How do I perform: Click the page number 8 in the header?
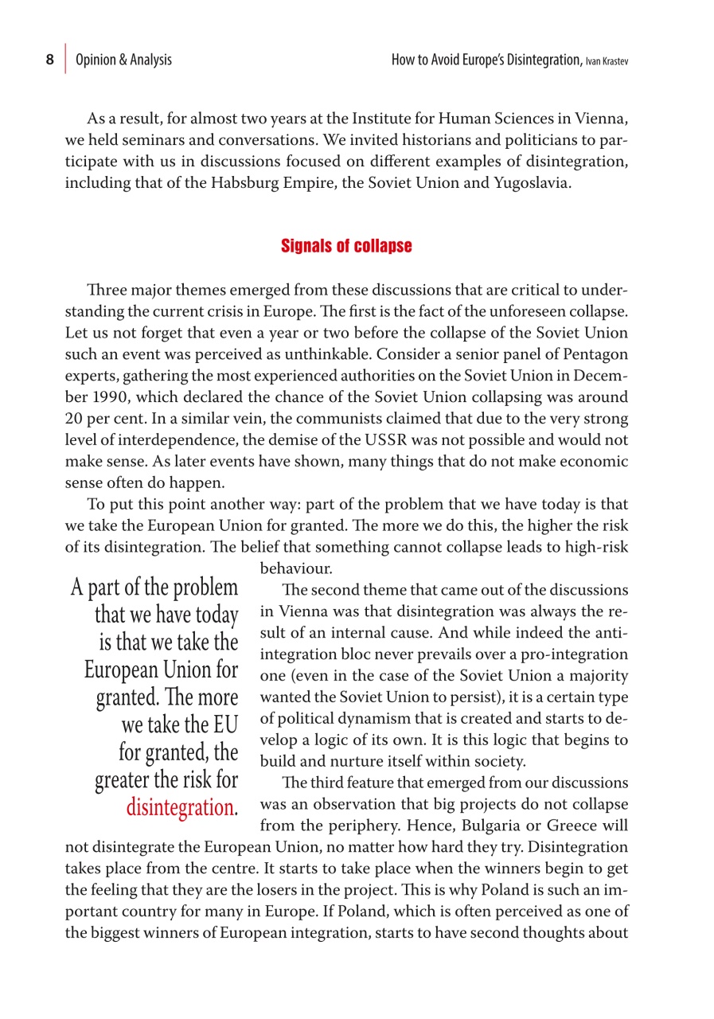(x=49, y=60)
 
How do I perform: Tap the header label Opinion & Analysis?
(x=123, y=60)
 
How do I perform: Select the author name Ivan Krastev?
(x=607, y=61)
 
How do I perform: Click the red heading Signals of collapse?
(x=346, y=247)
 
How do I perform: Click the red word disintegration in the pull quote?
(x=180, y=807)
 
